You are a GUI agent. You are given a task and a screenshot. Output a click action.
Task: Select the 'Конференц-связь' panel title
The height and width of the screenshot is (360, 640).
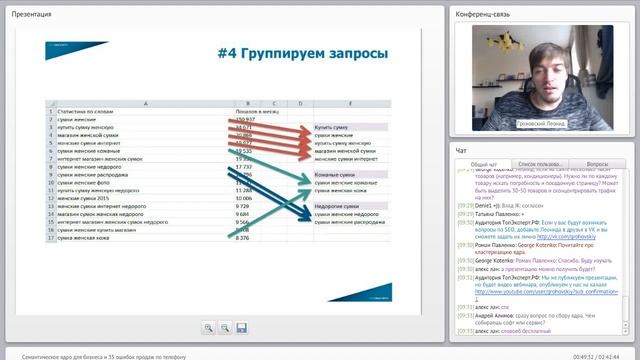coord(484,15)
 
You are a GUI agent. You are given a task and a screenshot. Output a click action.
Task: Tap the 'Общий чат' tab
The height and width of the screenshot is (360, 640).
coord(484,163)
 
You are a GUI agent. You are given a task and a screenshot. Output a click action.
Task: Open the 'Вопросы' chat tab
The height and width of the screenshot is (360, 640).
coord(597,163)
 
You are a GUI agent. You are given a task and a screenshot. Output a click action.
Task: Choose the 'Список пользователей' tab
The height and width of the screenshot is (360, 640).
coord(541,163)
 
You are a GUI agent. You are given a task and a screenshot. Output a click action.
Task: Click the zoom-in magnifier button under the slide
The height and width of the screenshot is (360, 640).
coord(208,327)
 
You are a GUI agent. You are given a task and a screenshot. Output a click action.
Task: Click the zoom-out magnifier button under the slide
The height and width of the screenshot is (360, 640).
coord(225,327)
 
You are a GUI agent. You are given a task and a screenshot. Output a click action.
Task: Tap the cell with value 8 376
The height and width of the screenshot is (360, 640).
coord(243,238)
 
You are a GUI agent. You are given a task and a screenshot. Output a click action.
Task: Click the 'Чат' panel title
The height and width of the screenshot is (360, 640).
coord(461,150)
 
